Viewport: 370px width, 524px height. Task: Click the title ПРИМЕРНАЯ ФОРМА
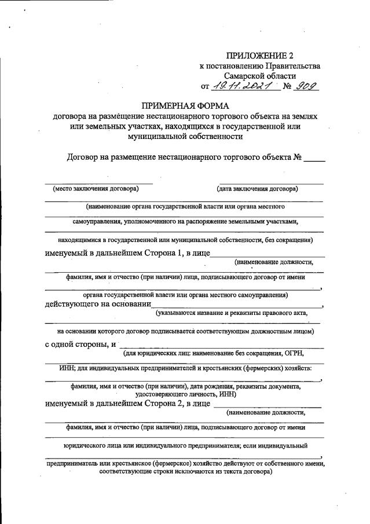185,105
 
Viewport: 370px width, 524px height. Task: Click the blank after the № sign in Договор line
314,157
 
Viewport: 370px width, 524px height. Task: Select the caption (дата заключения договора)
257,189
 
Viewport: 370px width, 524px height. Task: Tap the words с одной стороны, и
80,345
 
